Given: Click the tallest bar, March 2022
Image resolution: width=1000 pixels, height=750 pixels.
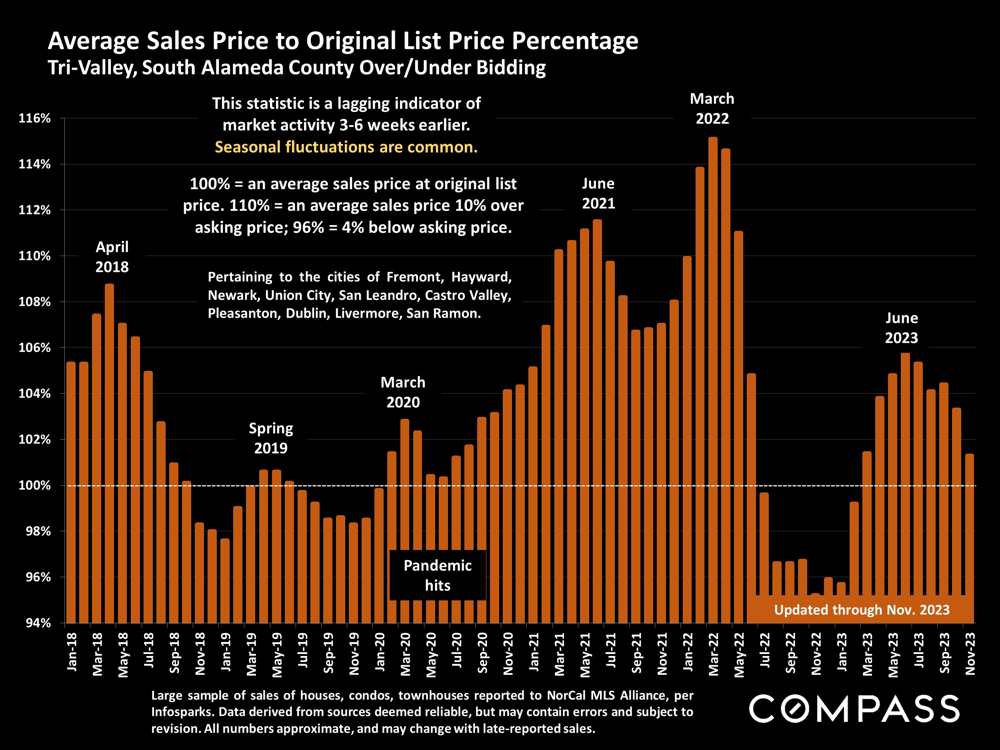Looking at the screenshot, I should click(x=713, y=380).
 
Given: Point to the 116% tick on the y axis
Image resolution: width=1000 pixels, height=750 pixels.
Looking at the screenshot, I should click(x=34, y=118).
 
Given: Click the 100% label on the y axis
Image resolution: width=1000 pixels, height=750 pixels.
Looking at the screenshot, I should click(x=34, y=486).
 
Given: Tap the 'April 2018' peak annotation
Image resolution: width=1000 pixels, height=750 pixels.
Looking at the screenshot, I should click(x=112, y=257).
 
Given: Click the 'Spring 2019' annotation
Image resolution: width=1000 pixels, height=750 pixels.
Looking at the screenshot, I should click(x=271, y=438).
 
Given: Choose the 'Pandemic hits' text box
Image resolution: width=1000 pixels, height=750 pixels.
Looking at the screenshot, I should click(x=438, y=575).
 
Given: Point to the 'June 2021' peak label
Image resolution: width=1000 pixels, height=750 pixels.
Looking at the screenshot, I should click(x=598, y=194).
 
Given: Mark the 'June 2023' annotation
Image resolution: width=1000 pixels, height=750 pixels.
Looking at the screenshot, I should click(x=902, y=328).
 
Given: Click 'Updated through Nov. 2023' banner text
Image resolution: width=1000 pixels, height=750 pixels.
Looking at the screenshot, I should click(x=862, y=610).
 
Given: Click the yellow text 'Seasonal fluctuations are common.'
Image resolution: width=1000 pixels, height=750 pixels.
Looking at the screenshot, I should click(x=346, y=147).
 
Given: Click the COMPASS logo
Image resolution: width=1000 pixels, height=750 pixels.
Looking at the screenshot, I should click(x=854, y=708).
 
